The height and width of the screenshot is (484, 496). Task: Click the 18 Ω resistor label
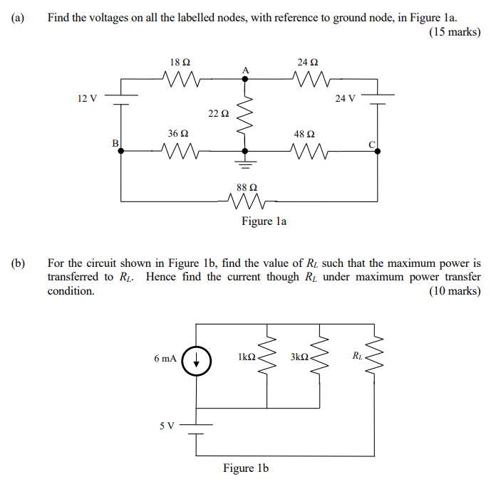coord(180,63)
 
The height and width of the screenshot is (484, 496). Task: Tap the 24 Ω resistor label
coord(307,63)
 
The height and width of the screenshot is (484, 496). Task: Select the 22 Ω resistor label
coord(219,113)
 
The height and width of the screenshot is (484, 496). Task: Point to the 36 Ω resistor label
coord(178,133)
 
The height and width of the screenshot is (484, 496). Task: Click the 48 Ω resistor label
coord(304,133)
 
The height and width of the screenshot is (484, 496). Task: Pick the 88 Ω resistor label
coord(247,187)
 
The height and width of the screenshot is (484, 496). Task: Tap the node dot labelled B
coord(120,151)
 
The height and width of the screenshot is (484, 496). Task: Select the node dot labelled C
coord(377,151)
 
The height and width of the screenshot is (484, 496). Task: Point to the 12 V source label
coord(88,98)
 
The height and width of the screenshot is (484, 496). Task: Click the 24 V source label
coord(345,98)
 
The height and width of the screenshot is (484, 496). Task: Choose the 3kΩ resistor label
coord(299,357)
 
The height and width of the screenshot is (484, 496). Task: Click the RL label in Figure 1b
coord(357,355)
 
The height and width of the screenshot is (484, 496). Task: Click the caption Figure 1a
coord(264,221)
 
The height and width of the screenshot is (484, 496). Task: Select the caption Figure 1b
coord(246,468)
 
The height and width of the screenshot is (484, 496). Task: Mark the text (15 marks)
coord(455,32)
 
